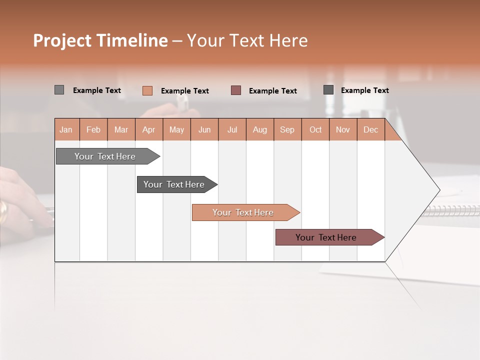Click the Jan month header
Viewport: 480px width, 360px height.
click(x=66, y=129)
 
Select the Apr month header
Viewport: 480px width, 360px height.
click(x=149, y=129)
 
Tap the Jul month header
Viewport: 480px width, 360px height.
click(x=232, y=129)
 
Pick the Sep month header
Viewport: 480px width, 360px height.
click(x=287, y=129)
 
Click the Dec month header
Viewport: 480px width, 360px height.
click(x=370, y=129)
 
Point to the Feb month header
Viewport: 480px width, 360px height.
click(x=93, y=129)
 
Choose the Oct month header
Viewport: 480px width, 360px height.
click(x=315, y=129)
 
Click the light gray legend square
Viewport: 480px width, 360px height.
click(x=59, y=90)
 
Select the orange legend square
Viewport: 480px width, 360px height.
click(x=147, y=90)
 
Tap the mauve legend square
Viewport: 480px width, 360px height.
click(x=236, y=90)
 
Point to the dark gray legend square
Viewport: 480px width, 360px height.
click(x=328, y=90)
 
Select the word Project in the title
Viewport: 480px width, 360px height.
click(x=62, y=40)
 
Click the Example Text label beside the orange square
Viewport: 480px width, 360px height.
click(x=185, y=91)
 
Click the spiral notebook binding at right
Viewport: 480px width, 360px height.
click(x=452, y=209)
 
